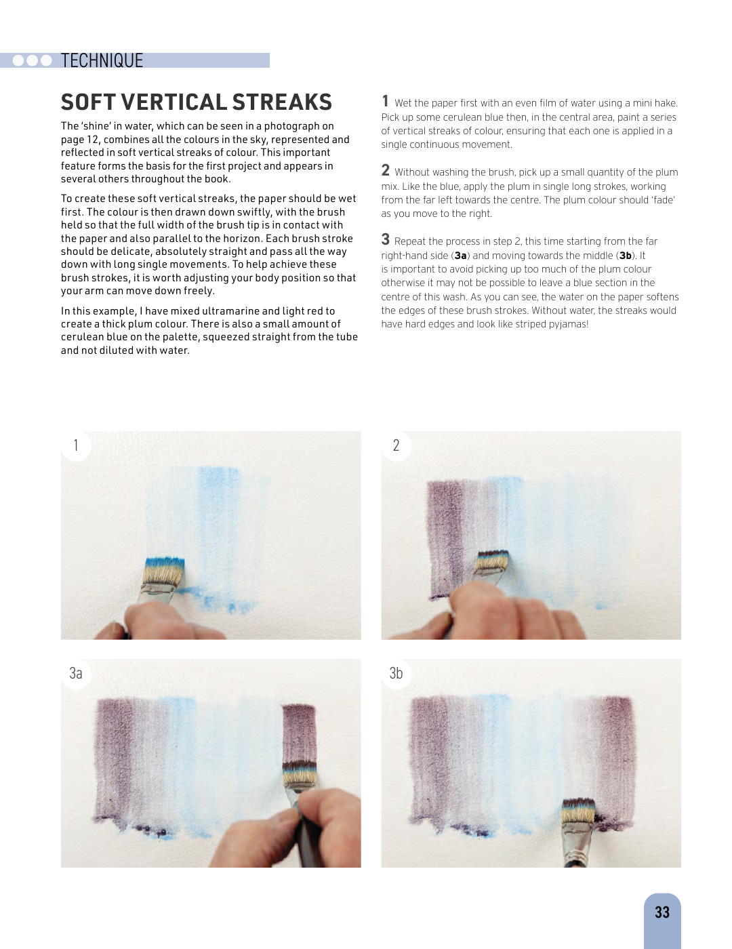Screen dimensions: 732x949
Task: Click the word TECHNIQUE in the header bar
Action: pyautogui.click(x=102, y=60)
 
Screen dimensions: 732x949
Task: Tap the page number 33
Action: pyautogui.click(x=662, y=912)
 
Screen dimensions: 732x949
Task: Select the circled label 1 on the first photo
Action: pyautogui.click(x=76, y=445)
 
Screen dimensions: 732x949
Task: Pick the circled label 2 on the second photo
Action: pyautogui.click(x=396, y=445)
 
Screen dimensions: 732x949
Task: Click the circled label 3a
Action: pyautogui.click(x=76, y=673)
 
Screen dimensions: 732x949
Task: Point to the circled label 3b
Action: pyautogui.click(x=396, y=673)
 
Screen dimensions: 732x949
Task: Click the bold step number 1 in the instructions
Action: pyautogui.click(x=385, y=101)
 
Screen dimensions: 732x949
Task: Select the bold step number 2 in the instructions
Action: pyautogui.click(x=385, y=170)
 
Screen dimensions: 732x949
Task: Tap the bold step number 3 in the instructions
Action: pyautogui.click(x=385, y=239)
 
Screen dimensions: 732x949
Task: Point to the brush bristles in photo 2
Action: pyautogui.click(x=492, y=561)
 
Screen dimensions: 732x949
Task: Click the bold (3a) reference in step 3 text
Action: pyautogui.click(x=460, y=256)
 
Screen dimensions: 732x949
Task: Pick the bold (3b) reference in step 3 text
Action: pyautogui.click(x=626, y=256)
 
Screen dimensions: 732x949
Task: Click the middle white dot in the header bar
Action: pyautogui.click(x=33, y=60)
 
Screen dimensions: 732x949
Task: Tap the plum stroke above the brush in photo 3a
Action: pyautogui.click(x=299, y=733)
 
